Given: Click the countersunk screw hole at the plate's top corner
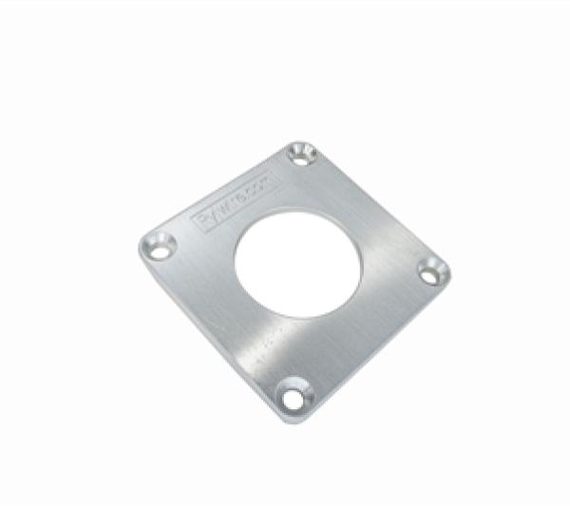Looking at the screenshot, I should click(302, 153).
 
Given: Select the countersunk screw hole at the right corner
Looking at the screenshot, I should click(432, 271).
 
